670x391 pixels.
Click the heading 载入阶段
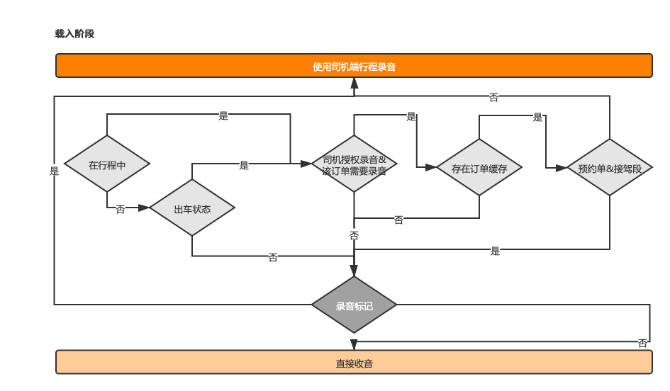click(x=74, y=34)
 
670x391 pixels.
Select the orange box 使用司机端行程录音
click(x=354, y=66)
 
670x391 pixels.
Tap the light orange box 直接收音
click(x=354, y=363)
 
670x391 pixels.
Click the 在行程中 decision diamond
click(x=107, y=164)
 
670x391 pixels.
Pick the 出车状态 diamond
click(x=192, y=208)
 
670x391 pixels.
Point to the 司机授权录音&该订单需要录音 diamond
click(x=354, y=164)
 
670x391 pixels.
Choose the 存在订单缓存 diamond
click(x=479, y=167)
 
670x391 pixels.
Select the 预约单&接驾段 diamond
click(x=610, y=167)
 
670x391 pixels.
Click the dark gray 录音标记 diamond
click(x=354, y=305)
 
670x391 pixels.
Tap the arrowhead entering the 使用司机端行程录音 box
click(x=354, y=83)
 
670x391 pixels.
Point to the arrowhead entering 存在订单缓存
click(x=431, y=167)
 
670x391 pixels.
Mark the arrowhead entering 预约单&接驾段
click(x=562, y=168)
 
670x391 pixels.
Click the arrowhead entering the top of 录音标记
click(x=354, y=271)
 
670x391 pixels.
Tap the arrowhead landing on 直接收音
click(x=354, y=345)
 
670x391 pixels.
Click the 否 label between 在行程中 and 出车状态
click(x=121, y=209)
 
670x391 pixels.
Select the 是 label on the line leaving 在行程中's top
click(x=223, y=115)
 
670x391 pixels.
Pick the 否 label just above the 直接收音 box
click(x=642, y=344)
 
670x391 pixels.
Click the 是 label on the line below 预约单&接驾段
click(x=496, y=251)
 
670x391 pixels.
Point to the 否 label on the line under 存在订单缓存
click(x=398, y=220)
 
